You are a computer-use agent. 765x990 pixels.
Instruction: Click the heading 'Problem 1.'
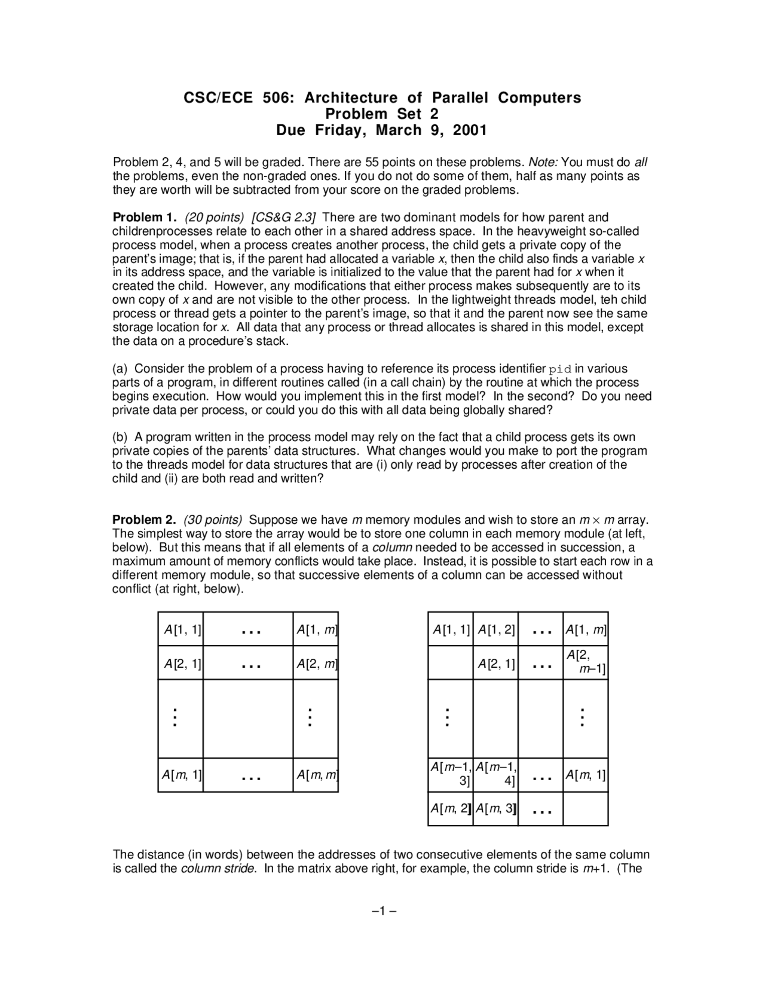pos(145,218)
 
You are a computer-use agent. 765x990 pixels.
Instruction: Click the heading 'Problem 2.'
pos(144,520)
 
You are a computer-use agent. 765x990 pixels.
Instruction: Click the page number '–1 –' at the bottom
pos(383,912)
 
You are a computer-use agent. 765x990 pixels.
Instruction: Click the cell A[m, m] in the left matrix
pos(316,775)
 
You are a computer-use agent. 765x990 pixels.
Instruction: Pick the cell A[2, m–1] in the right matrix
pos(586,662)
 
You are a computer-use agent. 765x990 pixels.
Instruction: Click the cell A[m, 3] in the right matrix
pos(495,809)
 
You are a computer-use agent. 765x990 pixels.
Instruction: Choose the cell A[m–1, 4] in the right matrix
pos(495,774)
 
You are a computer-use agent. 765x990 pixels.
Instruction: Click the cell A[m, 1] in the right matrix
pos(586,775)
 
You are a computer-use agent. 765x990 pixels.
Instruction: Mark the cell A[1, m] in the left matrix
pos(316,629)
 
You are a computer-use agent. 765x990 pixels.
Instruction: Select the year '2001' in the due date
pos(470,130)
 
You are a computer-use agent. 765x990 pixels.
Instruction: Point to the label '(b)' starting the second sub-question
pos(121,437)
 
